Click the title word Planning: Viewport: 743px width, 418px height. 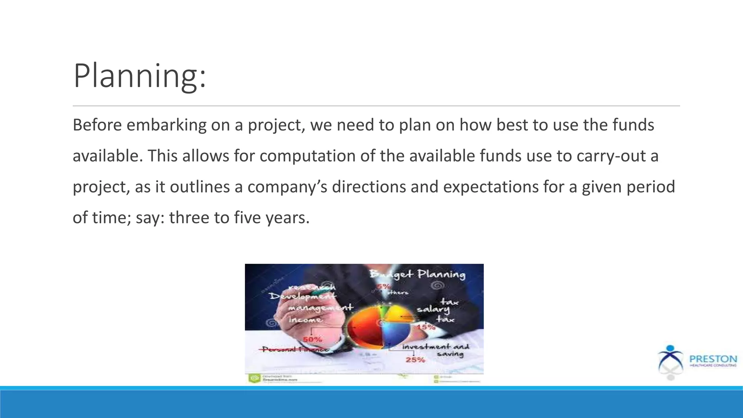(x=140, y=76)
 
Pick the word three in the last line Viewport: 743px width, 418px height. (x=189, y=218)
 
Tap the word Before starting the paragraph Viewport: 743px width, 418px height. (x=97, y=125)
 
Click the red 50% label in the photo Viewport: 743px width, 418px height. (x=312, y=340)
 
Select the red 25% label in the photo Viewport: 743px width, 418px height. (x=415, y=360)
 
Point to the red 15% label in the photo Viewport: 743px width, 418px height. (x=426, y=327)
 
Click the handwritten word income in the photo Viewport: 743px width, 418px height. (x=305, y=320)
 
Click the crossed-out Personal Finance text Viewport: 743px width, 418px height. (x=295, y=349)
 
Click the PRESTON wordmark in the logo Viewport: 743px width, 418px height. (x=713, y=359)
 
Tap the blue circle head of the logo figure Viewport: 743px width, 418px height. (x=670, y=348)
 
